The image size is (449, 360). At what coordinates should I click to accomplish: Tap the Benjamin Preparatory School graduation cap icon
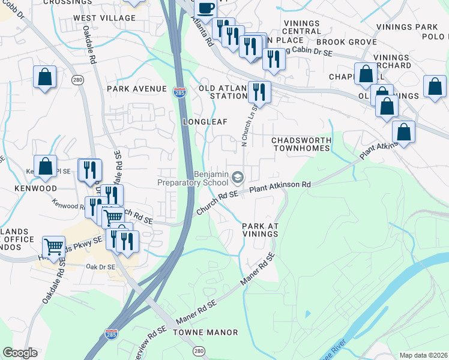[x=238, y=177]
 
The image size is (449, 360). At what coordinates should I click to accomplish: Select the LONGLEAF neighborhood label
[x=205, y=121]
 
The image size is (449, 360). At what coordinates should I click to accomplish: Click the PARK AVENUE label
[x=136, y=89]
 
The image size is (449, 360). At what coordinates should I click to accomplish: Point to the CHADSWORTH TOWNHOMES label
[x=301, y=144]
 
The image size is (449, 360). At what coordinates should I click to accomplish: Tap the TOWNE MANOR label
[x=205, y=332]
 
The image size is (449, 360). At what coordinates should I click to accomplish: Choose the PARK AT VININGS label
[x=261, y=230]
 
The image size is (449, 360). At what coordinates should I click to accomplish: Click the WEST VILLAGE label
[x=104, y=18]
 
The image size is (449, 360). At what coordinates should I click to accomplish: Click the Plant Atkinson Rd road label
[x=280, y=186]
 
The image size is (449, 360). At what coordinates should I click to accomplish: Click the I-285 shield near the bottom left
[x=111, y=334]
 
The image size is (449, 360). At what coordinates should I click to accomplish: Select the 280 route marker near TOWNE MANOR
[x=199, y=350]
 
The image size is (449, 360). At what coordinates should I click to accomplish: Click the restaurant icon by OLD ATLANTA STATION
[x=259, y=92]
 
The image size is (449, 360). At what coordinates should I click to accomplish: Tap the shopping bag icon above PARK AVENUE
[x=45, y=77]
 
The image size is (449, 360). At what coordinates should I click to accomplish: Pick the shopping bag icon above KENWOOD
[x=45, y=166]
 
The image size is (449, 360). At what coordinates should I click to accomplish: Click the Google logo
[x=20, y=353]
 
